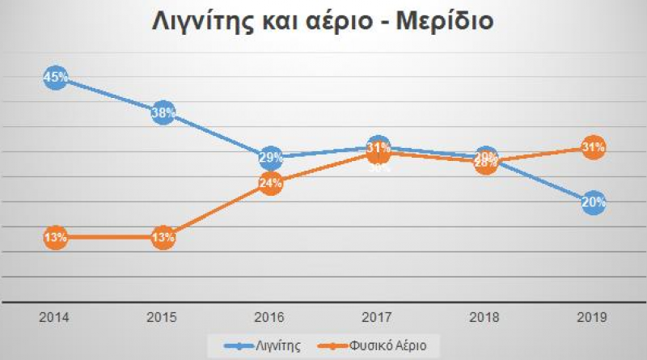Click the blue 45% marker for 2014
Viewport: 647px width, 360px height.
pos(55,78)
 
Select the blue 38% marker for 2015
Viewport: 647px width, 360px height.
pos(163,113)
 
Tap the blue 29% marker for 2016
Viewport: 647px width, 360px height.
pos(270,157)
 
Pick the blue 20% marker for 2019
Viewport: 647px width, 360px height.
pos(593,203)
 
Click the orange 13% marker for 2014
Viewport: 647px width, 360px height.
pos(55,238)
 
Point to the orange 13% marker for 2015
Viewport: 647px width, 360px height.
pos(163,238)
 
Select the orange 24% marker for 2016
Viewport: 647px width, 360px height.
pos(270,183)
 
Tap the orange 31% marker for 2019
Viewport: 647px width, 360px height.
pos(593,147)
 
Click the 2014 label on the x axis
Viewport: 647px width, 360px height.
pos(55,318)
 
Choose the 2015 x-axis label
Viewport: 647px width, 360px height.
pos(163,318)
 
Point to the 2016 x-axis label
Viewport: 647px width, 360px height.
pos(270,318)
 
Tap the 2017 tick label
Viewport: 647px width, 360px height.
pos(378,318)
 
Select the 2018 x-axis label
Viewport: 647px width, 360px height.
pos(485,318)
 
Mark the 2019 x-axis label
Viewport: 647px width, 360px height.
pos(593,318)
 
